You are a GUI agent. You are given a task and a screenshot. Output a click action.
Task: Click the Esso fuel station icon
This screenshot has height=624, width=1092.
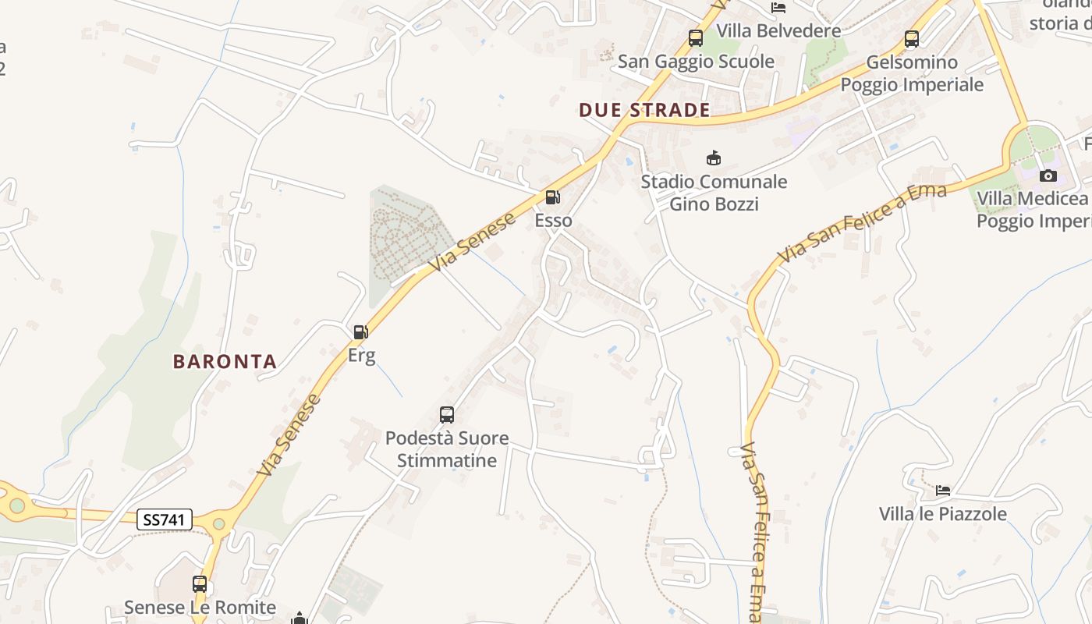click(x=552, y=197)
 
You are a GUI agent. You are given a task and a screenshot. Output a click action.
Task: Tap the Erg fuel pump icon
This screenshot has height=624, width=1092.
click(x=360, y=332)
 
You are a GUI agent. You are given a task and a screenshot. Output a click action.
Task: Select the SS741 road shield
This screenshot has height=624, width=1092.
click(x=164, y=519)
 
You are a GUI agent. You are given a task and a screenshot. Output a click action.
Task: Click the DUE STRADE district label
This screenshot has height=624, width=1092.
click(x=644, y=110)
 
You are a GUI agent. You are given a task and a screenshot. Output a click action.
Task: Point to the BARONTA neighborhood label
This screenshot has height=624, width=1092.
click(x=225, y=361)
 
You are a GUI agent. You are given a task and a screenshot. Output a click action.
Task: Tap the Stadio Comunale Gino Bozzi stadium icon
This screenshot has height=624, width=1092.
click(x=713, y=158)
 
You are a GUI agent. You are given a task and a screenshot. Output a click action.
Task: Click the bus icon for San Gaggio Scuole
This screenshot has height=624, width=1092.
click(x=695, y=37)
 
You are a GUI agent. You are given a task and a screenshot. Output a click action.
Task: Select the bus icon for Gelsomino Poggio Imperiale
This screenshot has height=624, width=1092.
click(x=911, y=38)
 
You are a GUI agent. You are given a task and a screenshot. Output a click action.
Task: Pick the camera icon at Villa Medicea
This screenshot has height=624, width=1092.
click(x=1048, y=175)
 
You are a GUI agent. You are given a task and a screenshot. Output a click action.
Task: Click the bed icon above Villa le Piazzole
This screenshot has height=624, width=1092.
click(x=943, y=491)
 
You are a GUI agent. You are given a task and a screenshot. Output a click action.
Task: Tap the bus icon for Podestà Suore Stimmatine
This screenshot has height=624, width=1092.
click(x=447, y=414)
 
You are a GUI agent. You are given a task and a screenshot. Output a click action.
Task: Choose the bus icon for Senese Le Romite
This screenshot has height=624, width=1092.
click(x=200, y=583)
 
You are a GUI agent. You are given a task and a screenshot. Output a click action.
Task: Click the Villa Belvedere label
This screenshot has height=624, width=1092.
click(x=778, y=30)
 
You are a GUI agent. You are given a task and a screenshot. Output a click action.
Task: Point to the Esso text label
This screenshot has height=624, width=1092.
click(x=553, y=221)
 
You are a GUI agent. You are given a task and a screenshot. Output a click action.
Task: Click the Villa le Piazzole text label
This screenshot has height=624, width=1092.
click(x=942, y=514)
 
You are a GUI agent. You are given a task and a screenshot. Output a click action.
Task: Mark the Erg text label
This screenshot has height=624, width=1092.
click(x=361, y=356)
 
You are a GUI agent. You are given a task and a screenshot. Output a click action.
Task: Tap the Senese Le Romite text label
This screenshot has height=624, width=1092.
click(x=200, y=607)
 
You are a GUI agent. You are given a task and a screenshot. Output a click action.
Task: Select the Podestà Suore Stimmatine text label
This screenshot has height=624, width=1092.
click(x=447, y=449)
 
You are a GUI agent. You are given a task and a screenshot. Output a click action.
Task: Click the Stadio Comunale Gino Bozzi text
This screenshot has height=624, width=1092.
click(x=714, y=193)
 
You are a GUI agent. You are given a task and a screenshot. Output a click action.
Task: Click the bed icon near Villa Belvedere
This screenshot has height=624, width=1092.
click(x=778, y=8)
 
